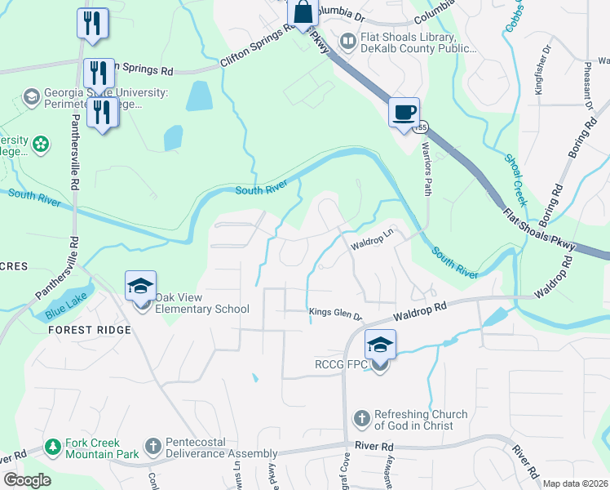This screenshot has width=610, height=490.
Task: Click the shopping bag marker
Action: (x=303, y=13)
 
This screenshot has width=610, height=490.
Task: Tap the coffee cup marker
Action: (x=404, y=112)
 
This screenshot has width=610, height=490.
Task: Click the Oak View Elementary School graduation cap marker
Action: (x=140, y=286)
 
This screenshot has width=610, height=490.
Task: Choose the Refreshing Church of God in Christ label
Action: (x=421, y=420)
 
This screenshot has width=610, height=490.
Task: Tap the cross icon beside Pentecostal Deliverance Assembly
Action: (x=152, y=447)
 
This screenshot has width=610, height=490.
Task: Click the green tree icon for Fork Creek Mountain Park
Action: (x=53, y=447)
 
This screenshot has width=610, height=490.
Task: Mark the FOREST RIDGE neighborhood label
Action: (x=90, y=330)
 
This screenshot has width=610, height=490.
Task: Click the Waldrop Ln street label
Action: (x=373, y=245)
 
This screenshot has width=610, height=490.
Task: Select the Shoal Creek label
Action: (x=515, y=180)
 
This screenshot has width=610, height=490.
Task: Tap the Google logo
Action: (x=27, y=480)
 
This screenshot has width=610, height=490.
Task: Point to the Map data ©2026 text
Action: (x=575, y=483)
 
